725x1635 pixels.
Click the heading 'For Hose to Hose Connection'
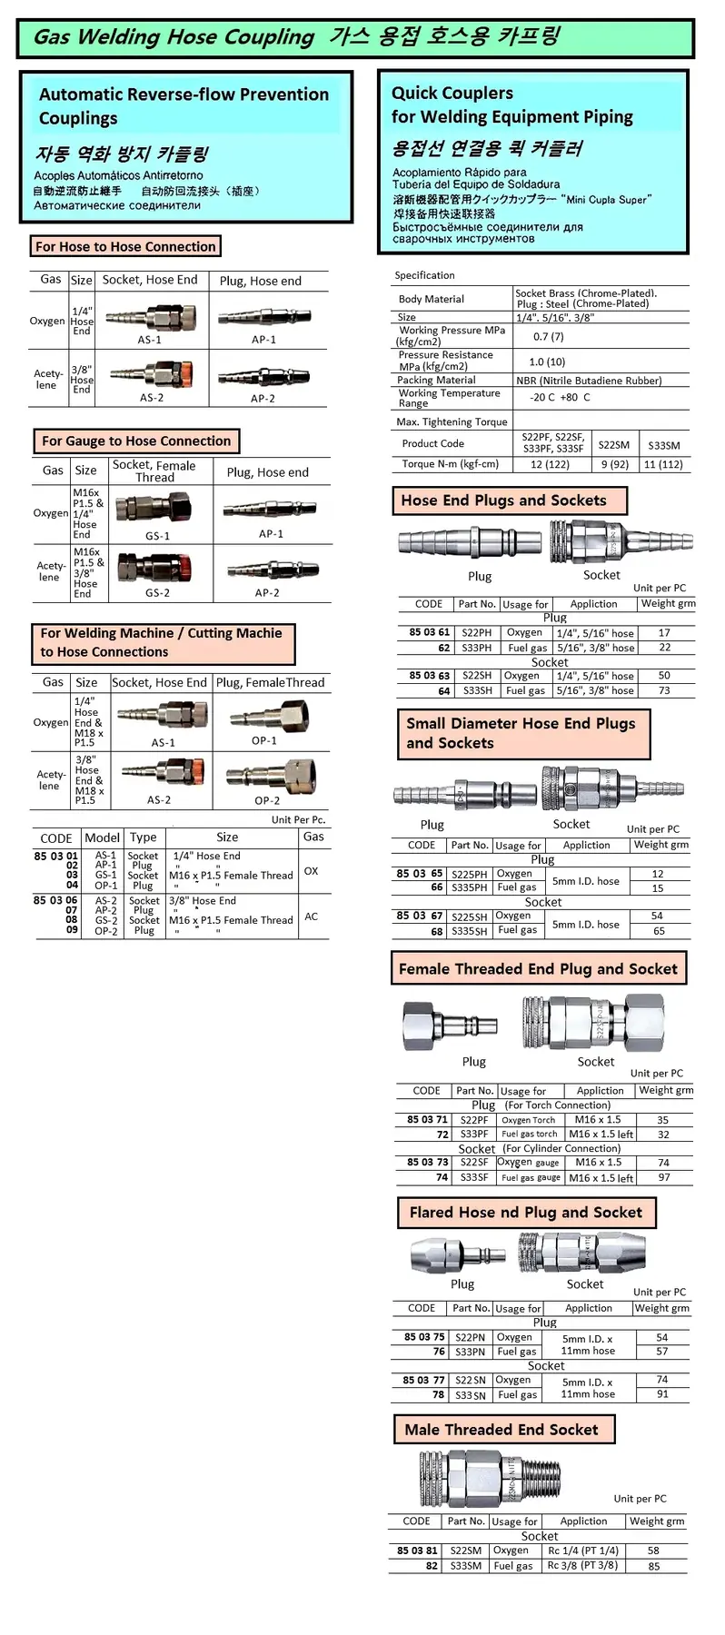[125, 246]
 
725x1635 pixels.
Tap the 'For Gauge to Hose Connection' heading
[136, 441]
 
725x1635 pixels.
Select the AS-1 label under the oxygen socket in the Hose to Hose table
[150, 340]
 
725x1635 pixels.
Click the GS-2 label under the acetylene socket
[157, 593]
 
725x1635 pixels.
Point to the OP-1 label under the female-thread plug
[264, 741]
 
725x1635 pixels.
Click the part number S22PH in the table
[477, 633]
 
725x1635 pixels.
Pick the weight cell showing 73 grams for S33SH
[664, 691]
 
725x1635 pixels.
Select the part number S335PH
[470, 887]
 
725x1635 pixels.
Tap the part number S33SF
[474, 1177]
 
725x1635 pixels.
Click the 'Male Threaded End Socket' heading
[502, 1430]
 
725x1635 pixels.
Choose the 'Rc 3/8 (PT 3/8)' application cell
[582, 1565]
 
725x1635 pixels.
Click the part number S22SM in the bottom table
[466, 1551]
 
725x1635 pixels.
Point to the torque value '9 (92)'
[615, 464]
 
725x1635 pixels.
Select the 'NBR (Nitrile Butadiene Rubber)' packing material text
[589, 381]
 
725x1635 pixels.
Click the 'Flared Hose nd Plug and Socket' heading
[525, 1213]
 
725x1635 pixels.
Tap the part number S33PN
[471, 1352]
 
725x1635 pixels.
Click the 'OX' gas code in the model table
[311, 870]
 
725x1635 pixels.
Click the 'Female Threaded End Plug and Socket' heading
[538, 969]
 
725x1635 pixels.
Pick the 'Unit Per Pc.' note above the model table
[298, 819]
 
